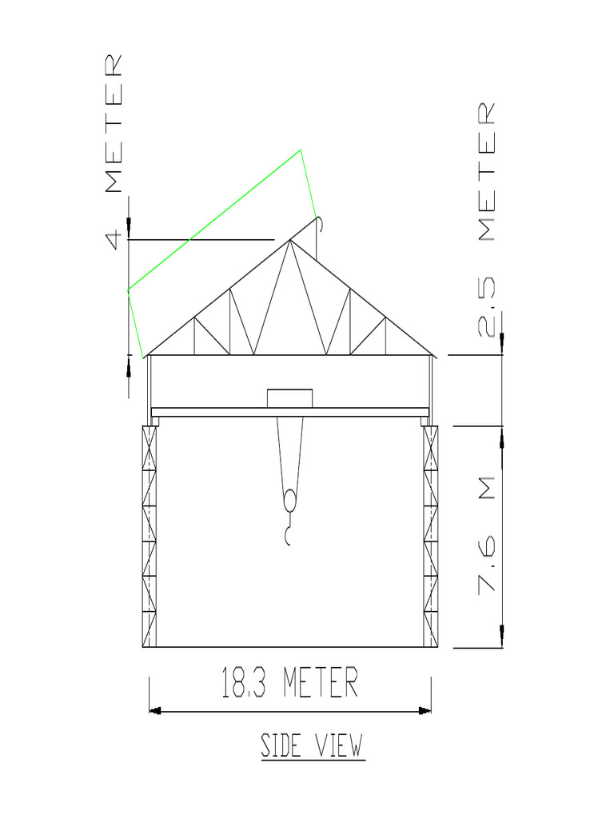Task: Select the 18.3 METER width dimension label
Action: pos(289,684)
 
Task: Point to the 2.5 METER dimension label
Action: pos(488,219)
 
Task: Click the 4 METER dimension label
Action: pos(114,152)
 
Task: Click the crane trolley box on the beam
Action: pos(289,398)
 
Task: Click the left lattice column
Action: pos(150,536)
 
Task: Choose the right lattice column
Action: pos(430,536)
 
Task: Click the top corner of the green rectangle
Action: pos(301,150)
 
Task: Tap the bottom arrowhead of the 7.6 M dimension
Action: pos(501,636)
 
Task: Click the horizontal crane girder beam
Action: pos(289,412)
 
